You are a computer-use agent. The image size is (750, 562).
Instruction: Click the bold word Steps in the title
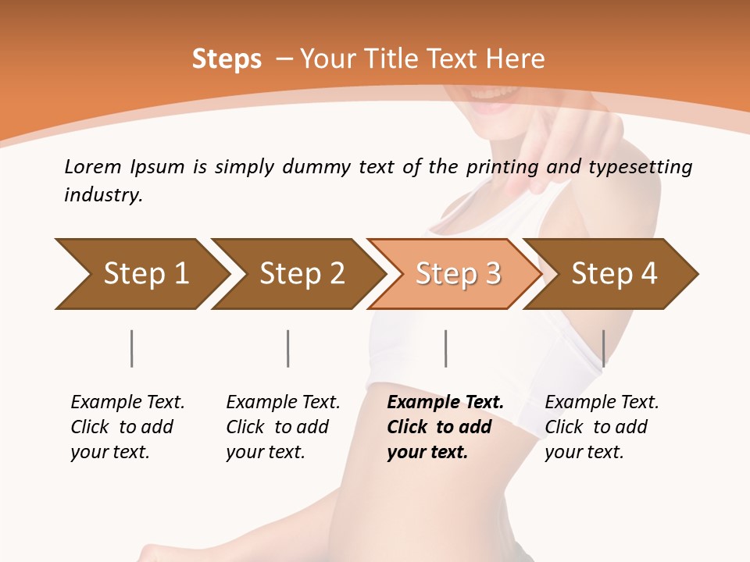(227, 59)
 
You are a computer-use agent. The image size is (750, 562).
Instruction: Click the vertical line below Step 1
(132, 348)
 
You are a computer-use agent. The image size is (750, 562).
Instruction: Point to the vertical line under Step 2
(288, 348)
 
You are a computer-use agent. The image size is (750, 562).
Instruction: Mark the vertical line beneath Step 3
(445, 348)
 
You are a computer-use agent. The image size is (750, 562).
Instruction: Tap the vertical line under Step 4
(603, 348)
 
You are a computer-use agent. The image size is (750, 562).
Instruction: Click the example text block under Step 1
(127, 427)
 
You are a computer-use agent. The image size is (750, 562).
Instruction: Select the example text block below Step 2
(283, 427)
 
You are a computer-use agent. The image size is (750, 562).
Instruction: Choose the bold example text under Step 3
(445, 427)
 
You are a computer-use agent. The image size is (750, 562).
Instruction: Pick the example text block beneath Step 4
(602, 427)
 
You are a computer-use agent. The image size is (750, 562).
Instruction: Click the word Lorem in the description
(92, 167)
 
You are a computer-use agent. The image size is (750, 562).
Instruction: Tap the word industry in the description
(103, 195)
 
